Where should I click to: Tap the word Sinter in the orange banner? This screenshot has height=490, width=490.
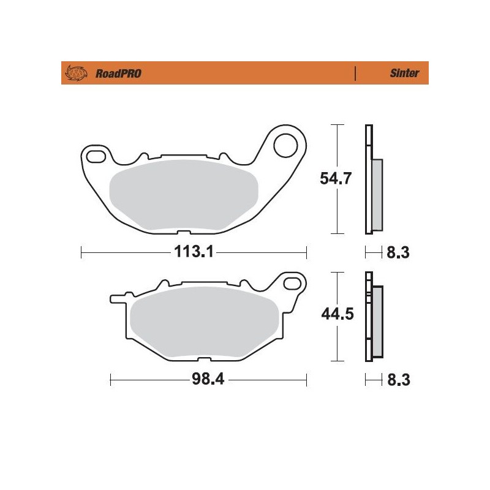coord(404,73)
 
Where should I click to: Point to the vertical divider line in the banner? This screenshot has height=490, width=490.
coord(355,73)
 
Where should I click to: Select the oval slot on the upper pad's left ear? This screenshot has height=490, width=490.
coord(96,157)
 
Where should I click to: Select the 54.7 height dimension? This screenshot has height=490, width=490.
coord(336,179)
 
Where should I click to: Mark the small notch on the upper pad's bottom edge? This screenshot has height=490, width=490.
coord(182,232)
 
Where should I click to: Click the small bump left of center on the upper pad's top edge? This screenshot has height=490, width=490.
coord(142,156)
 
